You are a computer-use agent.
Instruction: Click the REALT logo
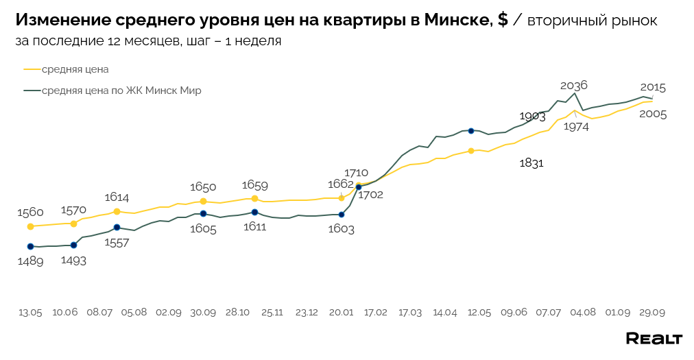[654, 339]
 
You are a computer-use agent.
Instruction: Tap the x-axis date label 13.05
[30, 312]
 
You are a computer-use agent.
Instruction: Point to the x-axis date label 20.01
[341, 312]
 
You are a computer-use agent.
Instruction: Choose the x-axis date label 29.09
[652, 312]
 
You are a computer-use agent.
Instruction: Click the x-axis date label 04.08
[583, 312]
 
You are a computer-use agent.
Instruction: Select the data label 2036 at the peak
[574, 86]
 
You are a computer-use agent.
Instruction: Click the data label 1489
[30, 261]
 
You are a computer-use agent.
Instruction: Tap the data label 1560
[30, 213]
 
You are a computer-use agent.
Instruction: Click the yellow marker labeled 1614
[117, 211]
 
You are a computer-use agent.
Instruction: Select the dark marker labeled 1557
[117, 227]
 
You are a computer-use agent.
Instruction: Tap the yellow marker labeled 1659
[254, 199]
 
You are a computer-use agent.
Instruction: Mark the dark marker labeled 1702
[359, 187]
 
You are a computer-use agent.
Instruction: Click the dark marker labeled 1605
[203, 213]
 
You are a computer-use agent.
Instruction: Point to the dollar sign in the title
[503, 21]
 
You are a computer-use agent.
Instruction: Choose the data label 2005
[653, 115]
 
